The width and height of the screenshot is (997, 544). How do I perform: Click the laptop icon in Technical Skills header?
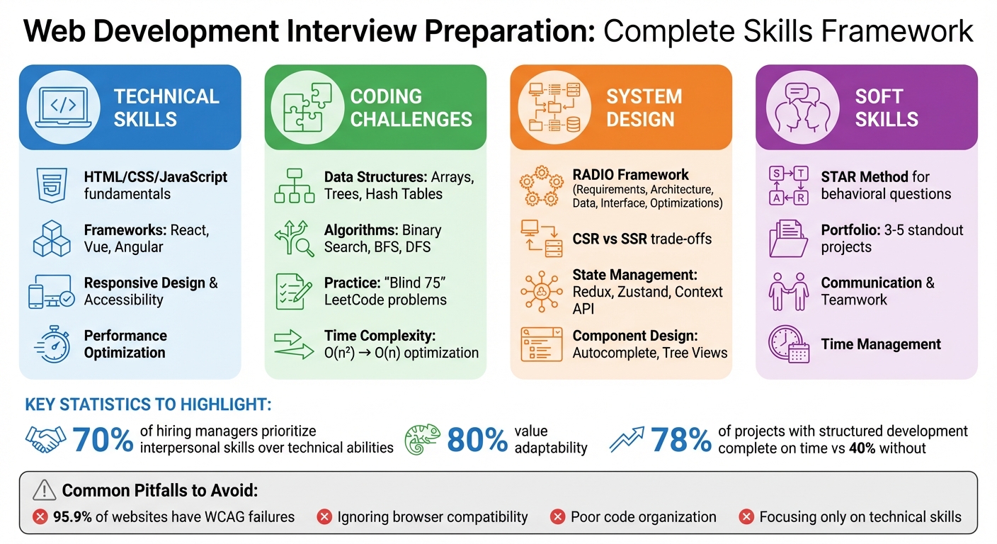[62, 107]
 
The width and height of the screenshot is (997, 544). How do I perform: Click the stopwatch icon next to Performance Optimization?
[52, 345]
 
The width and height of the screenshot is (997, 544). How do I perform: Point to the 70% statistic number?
[103, 440]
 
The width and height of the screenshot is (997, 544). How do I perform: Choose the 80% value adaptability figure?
[477, 440]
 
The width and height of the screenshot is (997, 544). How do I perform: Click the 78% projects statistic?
[680, 440]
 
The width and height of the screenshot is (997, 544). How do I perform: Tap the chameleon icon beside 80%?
[423, 440]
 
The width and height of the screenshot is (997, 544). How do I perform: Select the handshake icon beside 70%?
[45, 440]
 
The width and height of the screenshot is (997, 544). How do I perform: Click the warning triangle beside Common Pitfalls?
[44, 489]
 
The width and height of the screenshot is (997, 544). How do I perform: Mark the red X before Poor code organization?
[557, 517]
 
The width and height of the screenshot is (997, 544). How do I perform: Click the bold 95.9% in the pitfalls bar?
[72, 517]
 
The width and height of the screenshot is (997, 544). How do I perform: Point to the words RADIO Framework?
[630, 174]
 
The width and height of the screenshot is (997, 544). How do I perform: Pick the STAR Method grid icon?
[788, 186]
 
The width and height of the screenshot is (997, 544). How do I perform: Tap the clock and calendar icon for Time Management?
[788, 345]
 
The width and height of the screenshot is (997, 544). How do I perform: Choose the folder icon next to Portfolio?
[788, 239]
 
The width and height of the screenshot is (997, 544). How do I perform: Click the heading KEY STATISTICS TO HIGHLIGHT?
[148, 405]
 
